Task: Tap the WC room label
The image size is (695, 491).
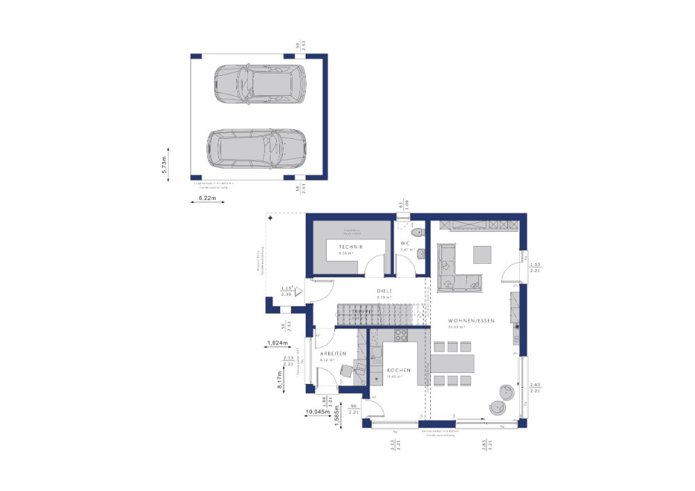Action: pyautogui.click(x=405, y=242)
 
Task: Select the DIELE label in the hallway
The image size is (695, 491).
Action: pyautogui.click(x=384, y=291)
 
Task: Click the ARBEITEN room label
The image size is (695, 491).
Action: pyautogui.click(x=333, y=353)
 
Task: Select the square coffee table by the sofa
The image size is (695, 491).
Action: pyautogui.click(x=484, y=255)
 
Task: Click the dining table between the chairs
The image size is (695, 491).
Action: pyautogui.click(x=453, y=363)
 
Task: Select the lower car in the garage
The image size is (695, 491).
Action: pyautogui.click(x=256, y=148)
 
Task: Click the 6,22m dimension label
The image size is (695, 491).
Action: pyautogui.click(x=208, y=199)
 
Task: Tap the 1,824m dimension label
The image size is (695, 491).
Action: pyautogui.click(x=278, y=342)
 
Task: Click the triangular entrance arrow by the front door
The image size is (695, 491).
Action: pyautogui.click(x=298, y=292)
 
